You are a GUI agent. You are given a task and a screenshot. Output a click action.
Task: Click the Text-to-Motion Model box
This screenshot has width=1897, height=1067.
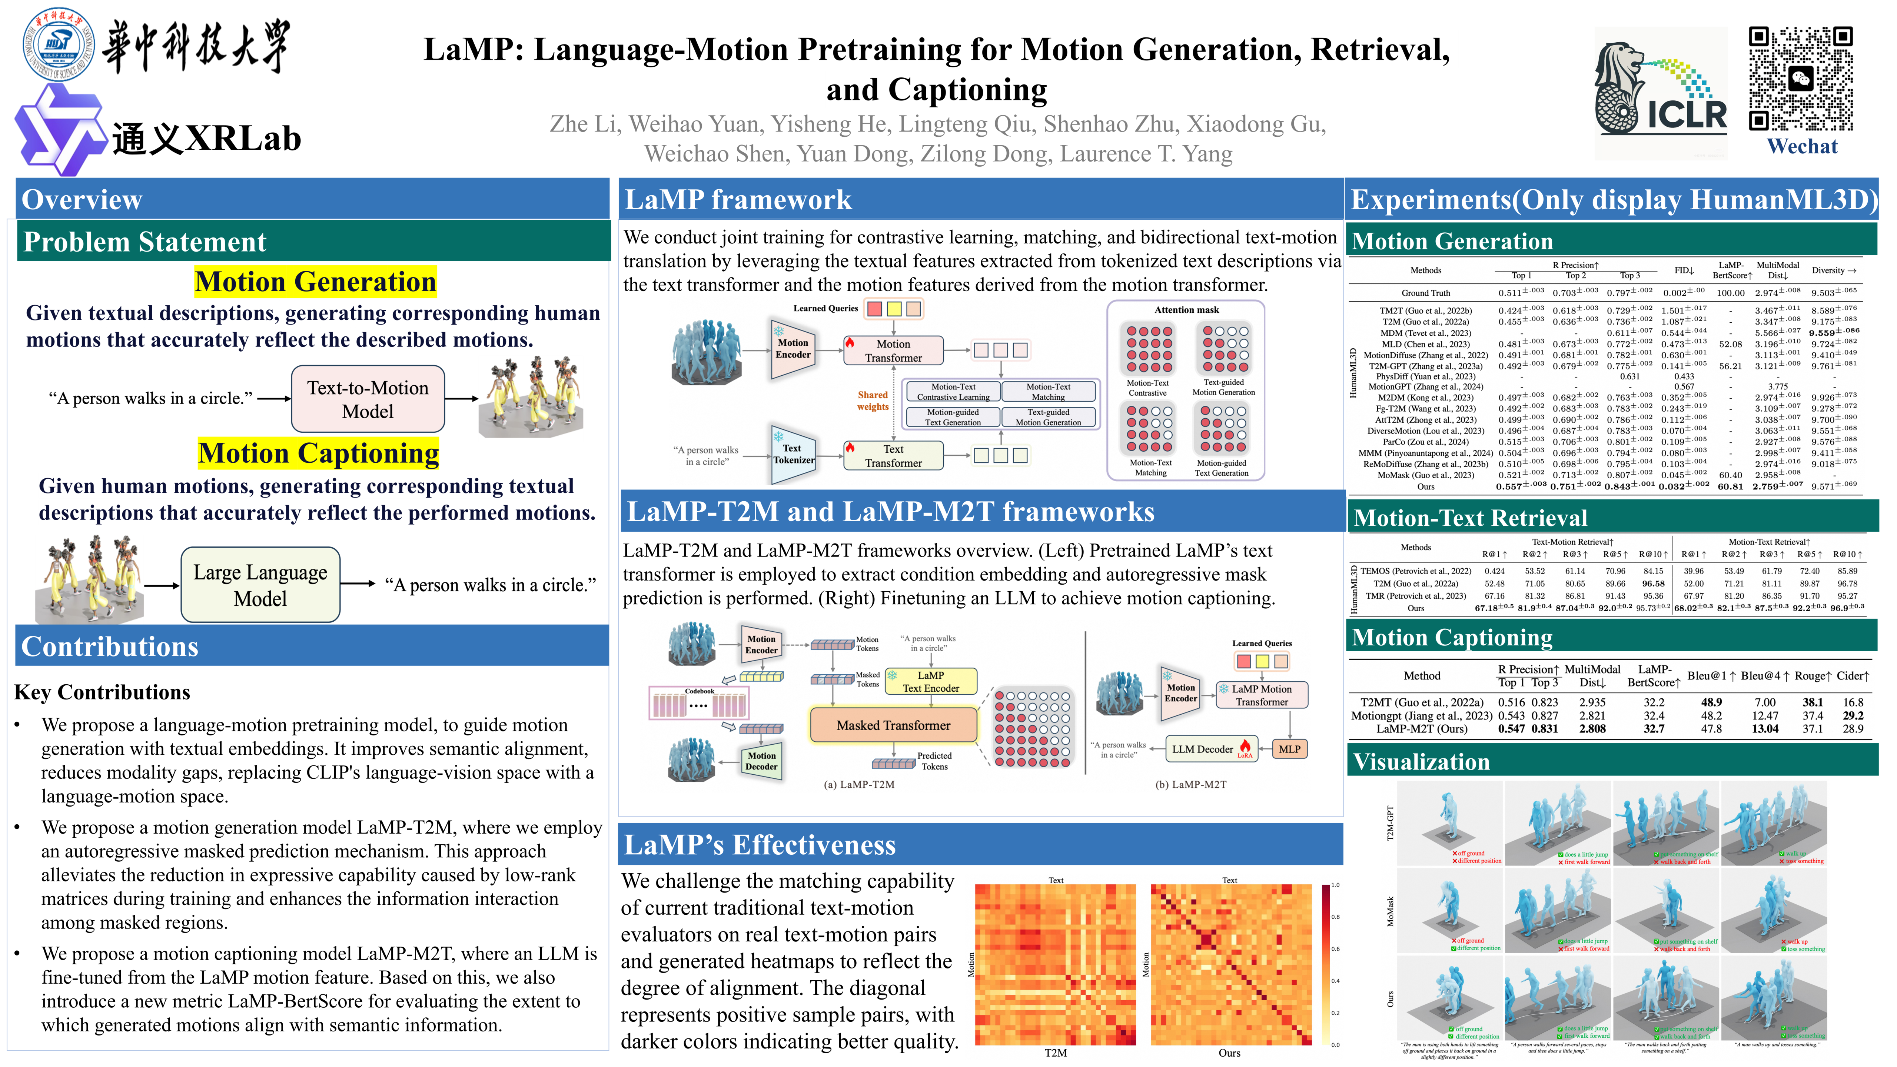(x=368, y=399)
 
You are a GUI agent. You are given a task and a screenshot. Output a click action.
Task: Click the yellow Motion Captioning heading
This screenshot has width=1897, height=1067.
(x=318, y=453)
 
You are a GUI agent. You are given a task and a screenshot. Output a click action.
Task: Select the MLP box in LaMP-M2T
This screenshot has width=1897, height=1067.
(x=1289, y=749)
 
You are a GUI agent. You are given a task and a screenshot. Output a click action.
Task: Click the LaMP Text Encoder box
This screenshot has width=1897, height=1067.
(x=931, y=681)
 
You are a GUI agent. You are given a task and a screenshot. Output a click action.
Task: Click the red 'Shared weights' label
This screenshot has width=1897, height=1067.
(x=873, y=400)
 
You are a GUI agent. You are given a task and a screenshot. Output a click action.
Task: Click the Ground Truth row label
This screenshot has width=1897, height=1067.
(x=1425, y=293)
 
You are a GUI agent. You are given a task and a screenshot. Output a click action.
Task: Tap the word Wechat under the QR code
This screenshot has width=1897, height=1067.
(x=1802, y=147)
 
